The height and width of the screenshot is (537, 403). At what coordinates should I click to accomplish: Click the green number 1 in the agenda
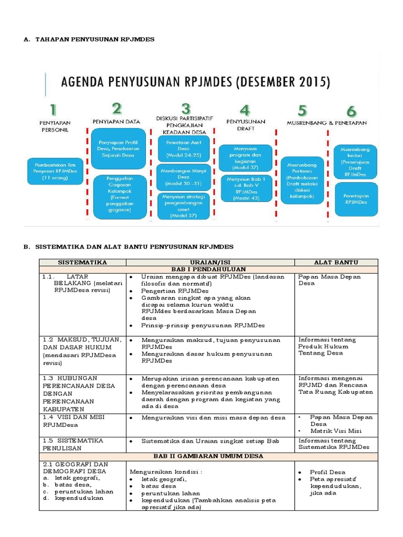52,110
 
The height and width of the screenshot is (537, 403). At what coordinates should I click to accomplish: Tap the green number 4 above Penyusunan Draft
245,111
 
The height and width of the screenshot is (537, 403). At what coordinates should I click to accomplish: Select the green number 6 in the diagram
351,111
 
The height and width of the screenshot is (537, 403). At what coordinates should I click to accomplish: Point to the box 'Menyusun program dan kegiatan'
246,158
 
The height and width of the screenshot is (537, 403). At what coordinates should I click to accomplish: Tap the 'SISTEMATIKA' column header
82,262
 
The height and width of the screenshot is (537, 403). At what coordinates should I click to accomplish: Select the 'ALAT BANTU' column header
343,262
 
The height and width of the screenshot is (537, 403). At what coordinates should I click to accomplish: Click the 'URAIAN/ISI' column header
210,262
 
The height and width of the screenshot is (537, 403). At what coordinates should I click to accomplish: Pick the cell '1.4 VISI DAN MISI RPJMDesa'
82,421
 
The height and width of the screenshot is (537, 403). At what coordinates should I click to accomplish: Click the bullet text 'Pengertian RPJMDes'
175,291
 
